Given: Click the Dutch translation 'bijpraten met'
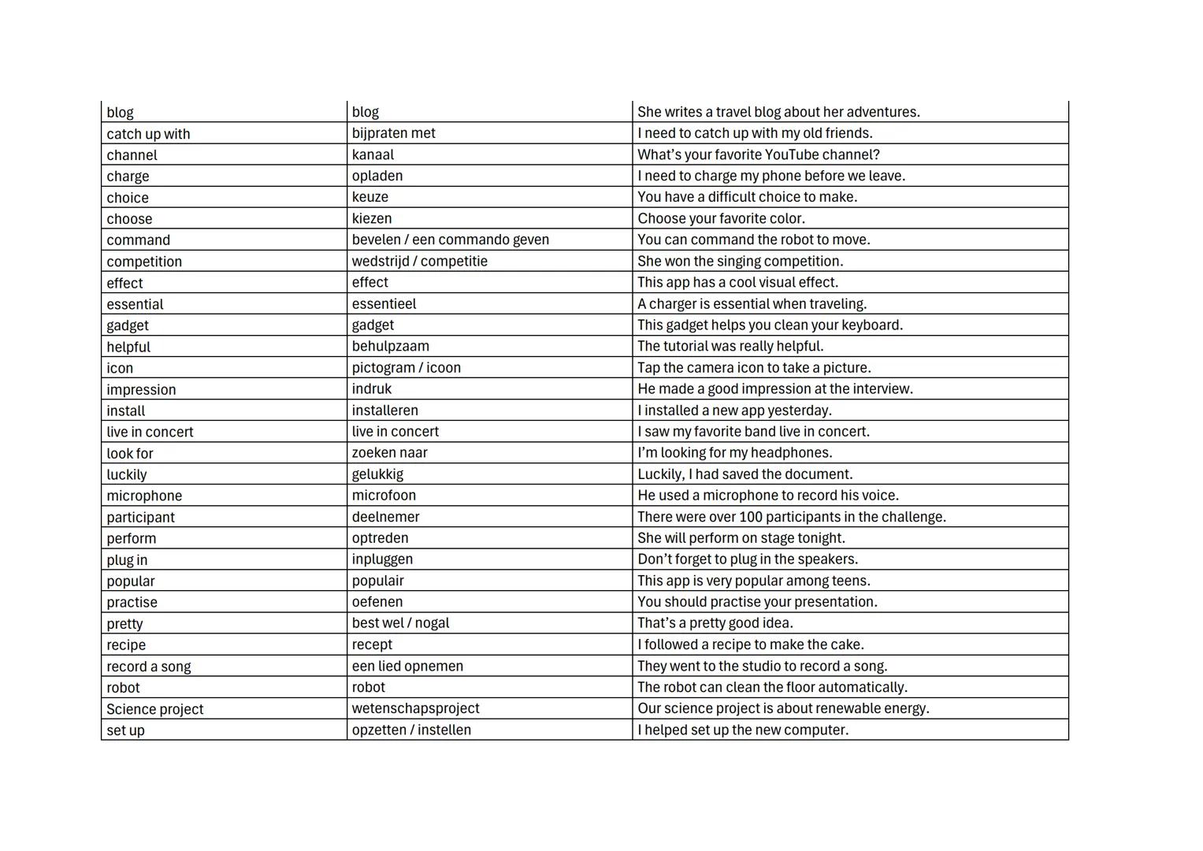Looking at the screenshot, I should coord(393,133).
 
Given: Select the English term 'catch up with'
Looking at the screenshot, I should coord(148,134).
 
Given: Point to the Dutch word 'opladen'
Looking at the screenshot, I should coord(377,176).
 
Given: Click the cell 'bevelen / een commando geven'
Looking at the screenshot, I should coord(450,240).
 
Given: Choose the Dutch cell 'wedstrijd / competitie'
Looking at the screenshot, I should coord(419,261).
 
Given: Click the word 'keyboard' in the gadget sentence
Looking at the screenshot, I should coord(871,325).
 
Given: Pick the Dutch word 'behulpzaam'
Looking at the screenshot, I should coord(390,346).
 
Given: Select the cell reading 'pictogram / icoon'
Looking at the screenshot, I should coord(406,367).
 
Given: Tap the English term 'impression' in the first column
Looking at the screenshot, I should coord(141,389).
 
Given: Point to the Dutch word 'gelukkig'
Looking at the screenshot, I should coord(377,474).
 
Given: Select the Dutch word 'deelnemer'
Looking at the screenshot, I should coord(385,517).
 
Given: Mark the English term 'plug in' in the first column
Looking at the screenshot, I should coord(127,559).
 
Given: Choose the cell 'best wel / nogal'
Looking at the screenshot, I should coord(400,622).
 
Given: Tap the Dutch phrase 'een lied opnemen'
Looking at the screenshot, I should coord(407,666).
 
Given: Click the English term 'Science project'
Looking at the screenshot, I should coord(154,708).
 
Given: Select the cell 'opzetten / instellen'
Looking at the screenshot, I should coord(411,730).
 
